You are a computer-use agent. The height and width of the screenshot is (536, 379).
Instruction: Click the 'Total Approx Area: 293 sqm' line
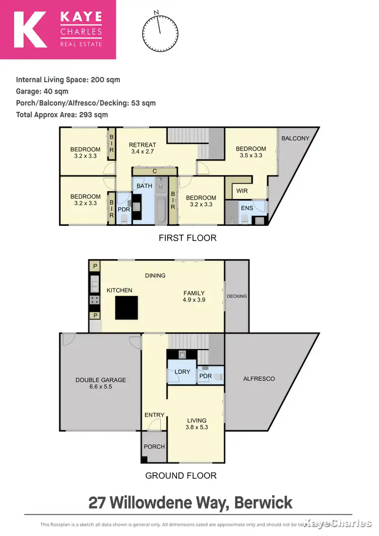62,115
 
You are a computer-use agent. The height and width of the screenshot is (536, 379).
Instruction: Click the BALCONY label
295,138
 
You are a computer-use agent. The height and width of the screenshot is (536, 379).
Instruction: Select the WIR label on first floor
242,191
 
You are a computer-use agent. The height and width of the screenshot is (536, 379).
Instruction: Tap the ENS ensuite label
247,208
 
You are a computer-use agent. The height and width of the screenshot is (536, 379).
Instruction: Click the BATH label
145,186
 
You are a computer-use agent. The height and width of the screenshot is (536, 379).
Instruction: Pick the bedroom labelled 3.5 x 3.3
251,152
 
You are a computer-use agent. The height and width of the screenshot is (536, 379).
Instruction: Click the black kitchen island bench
126,308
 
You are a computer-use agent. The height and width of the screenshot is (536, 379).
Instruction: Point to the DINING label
155,275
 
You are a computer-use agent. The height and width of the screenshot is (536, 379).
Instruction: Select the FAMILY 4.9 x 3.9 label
194,297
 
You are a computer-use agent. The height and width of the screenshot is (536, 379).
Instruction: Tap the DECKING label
236,296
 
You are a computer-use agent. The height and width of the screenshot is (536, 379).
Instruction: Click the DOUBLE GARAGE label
101,383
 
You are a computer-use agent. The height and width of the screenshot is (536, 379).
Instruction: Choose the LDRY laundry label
182,372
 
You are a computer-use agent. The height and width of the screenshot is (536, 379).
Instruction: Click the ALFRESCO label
259,378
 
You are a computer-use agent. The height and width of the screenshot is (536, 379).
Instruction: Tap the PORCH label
154,447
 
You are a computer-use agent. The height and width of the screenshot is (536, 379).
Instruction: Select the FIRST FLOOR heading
187,238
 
